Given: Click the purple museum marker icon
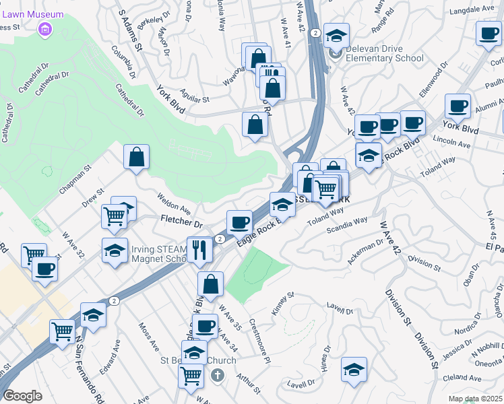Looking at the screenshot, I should click(x=46, y=29).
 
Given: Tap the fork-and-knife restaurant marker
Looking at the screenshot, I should click(x=199, y=250).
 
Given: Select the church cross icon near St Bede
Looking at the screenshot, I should click(x=216, y=374).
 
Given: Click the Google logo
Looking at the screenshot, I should click(x=22, y=396).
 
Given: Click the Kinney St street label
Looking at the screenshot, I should click(x=282, y=300).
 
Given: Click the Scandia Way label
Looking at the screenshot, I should click(x=348, y=222).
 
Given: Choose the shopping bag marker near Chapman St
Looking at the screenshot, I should click(x=136, y=157).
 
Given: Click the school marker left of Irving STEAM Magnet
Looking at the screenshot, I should click(x=115, y=250).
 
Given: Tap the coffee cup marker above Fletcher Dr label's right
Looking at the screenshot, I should click(x=239, y=222).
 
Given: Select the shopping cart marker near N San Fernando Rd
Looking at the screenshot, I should click(x=62, y=332).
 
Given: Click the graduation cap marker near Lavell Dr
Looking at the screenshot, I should click(x=354, y=369).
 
